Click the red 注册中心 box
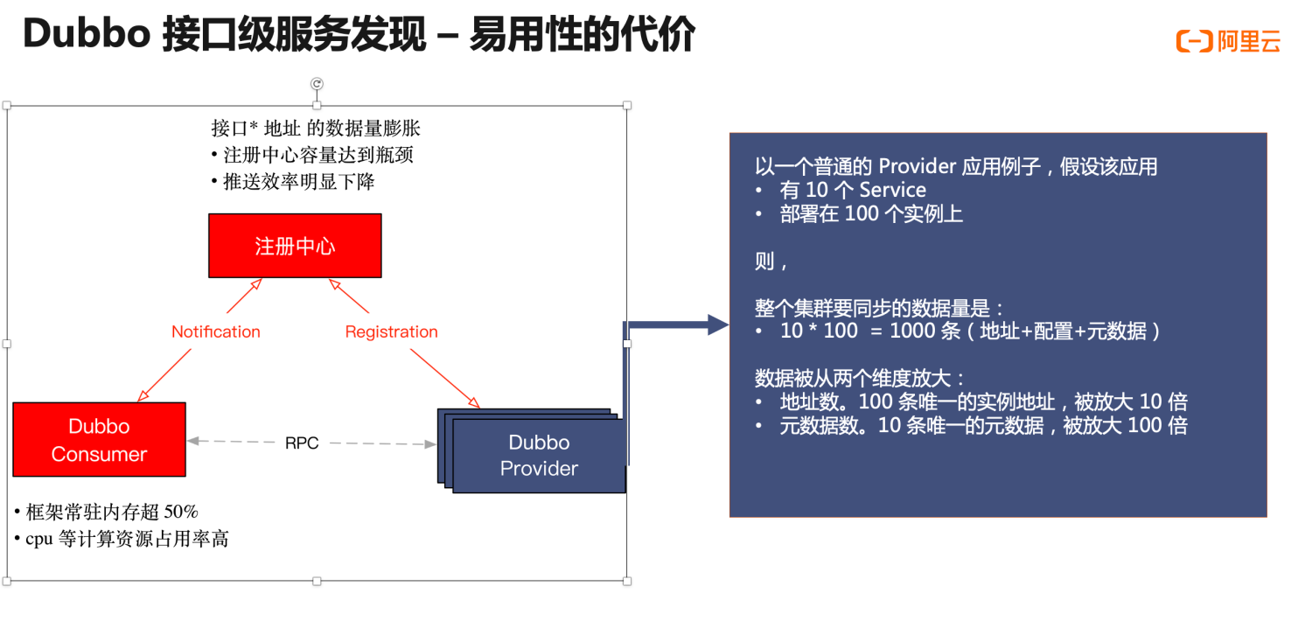pos(295,246)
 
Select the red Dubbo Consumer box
pos(99,439)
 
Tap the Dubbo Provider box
pos(539,456)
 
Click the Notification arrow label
pos(216,331)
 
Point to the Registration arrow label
pos(391,331)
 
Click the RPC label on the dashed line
pos(302,443)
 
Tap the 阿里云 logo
pos(1228,41)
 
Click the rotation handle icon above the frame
pos(318,84)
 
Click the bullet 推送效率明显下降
pos(299,182)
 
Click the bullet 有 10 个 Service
pos(852,190)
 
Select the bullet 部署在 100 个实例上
pos(871,214)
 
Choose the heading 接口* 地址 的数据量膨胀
pos(316,129)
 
